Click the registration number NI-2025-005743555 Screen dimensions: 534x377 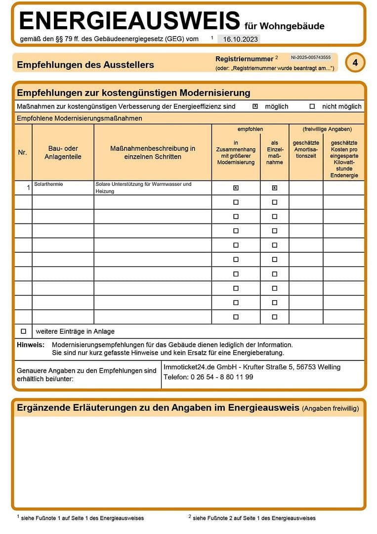pos(311,57)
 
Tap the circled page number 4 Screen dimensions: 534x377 pos(355,63)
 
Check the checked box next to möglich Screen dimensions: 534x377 pos(255,106)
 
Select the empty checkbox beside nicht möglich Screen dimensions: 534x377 pos(312,106)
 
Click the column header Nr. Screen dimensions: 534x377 pos(23,152)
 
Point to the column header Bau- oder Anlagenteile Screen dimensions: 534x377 pos(63,152)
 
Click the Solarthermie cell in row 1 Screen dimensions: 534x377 pos(49,184)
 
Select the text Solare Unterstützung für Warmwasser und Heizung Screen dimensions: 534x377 pos(143,187)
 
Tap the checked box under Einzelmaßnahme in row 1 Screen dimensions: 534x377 pos(275,188)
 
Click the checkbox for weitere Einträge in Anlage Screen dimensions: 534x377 pos(23,331)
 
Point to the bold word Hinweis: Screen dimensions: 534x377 pos(31,345)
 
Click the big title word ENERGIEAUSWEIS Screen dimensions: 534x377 pos(129,21)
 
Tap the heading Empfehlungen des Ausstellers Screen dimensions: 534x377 pos(85,65)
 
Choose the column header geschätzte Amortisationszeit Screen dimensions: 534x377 pos(306,149)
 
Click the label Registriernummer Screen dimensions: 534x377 pos(245,58)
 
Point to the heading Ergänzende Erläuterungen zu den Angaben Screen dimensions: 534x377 pos(158,408)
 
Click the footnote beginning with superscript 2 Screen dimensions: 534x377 pos(252,518)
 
